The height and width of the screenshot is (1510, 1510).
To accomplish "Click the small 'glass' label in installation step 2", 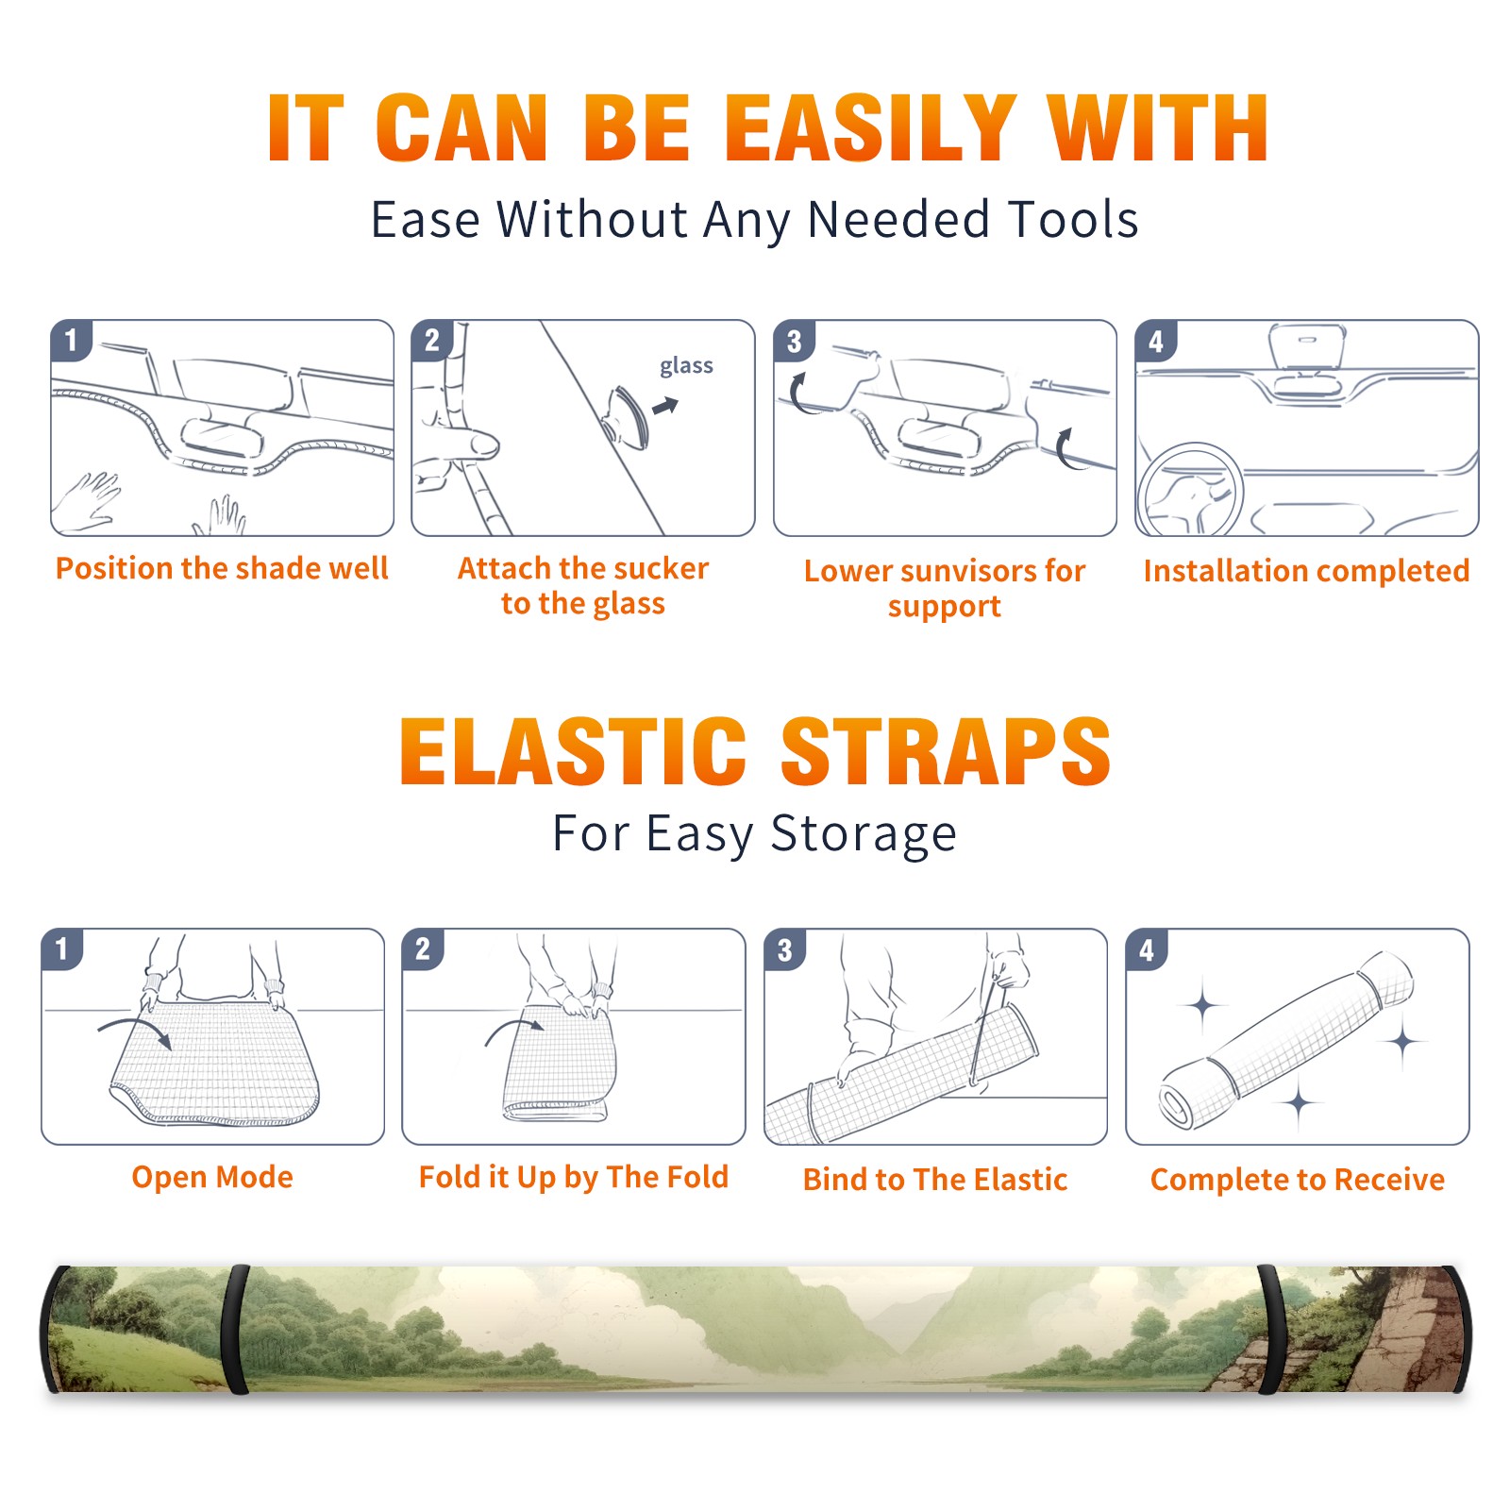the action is (x=686, y=366).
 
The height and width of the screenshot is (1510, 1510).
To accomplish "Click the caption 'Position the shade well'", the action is (x=222, y=568).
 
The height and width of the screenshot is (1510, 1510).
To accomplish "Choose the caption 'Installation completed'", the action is (x=1306, y=571).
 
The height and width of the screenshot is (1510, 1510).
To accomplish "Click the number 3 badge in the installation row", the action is (x=794, y=341).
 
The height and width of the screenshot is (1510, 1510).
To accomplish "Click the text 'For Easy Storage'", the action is (x=754, y=833).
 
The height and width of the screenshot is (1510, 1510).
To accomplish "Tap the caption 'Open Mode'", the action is (x=212, y=1177).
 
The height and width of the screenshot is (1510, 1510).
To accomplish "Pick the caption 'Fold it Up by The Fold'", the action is (x=574, y=1178).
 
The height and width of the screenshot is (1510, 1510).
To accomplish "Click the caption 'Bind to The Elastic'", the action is (x=935, y=1180).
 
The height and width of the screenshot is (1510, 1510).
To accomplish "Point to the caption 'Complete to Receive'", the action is (x=1298, y=1180).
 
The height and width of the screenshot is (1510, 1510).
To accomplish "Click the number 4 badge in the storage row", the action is (x=1147, y=949).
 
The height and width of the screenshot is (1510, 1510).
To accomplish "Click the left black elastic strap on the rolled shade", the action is (x=235, y=1329).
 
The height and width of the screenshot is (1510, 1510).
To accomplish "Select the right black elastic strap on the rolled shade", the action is (x=1270, y=1329).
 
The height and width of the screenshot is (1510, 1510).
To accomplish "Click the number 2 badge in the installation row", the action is (x=432, y=341).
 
